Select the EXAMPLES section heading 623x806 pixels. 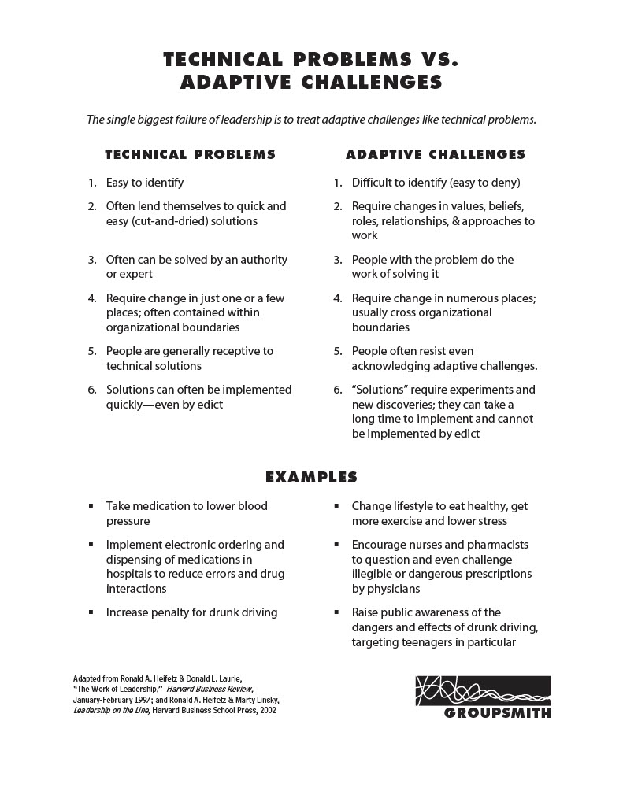311,477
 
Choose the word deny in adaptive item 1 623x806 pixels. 502,183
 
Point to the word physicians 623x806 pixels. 393,589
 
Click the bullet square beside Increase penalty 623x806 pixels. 91,612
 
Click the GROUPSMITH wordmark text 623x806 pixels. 497,714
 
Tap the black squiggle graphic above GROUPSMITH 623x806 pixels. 481,690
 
